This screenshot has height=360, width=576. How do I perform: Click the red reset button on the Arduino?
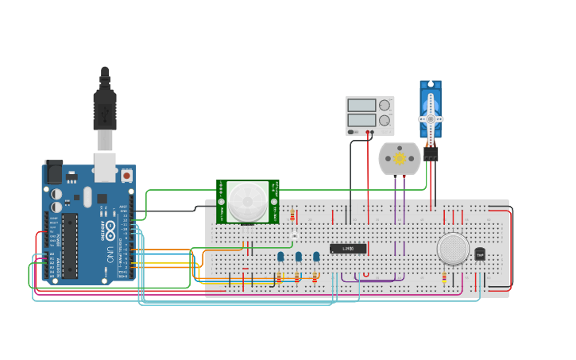(126, 174)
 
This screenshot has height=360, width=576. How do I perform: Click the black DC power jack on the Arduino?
(54, 172)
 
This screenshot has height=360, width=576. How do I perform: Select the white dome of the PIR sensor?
(248, 201)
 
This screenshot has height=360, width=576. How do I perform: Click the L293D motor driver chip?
(348, 249)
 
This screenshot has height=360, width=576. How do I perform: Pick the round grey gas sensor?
(453, 249)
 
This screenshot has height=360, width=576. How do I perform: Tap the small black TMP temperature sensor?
(480, 254)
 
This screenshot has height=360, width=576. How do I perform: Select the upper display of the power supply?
(361, 105)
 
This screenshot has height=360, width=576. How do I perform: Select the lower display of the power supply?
(361, 120)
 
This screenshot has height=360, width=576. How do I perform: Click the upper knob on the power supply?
(385, 105)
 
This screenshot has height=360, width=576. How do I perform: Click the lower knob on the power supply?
(385, 120)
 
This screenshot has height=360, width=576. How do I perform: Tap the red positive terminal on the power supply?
(372, 133)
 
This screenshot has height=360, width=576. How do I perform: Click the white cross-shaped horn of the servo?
(431, 118)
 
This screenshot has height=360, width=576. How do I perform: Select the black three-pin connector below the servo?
(431, 154)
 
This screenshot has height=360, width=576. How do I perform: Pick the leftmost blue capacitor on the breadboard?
(280, 256)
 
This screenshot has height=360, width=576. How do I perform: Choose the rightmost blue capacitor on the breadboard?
(316, 256)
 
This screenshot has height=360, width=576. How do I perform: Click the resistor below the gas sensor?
(444, 278)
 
